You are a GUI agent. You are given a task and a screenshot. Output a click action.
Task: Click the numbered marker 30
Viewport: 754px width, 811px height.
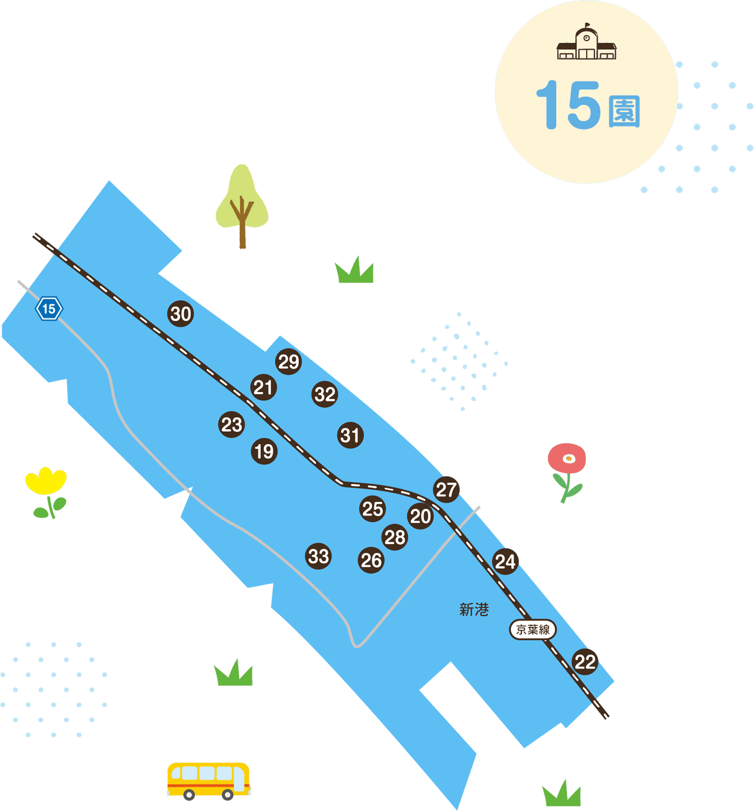(180, 314)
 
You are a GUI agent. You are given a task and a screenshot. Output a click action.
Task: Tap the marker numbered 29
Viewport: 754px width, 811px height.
(289, 361)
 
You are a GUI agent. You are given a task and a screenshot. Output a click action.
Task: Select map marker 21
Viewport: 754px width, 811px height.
(264, 387)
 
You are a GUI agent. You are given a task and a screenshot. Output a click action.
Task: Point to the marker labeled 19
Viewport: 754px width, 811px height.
(264, 451)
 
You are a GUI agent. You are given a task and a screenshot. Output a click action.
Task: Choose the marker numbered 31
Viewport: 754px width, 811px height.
(350, 435)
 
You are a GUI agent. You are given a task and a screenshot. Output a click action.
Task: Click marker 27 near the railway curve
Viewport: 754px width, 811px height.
(446, 490)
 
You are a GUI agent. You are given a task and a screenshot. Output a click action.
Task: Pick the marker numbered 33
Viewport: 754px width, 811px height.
(318, 556)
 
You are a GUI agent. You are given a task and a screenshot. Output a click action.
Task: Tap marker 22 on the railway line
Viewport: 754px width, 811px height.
(585, 662)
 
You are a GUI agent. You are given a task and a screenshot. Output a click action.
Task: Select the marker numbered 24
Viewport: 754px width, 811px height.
(505, 561)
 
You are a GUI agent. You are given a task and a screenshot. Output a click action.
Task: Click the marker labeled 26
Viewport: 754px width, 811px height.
(371, 560)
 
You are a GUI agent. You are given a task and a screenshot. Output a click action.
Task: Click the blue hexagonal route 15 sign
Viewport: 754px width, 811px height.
(49, 308)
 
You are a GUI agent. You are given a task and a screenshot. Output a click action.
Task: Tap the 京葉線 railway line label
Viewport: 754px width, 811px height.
(533, 629)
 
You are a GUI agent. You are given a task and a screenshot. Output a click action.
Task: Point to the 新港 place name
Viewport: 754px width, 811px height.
(474, 610)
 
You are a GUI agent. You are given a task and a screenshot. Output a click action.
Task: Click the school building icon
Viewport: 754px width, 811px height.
(586, 41)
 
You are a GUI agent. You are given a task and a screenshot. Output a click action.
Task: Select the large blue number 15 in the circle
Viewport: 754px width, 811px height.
(568, 104)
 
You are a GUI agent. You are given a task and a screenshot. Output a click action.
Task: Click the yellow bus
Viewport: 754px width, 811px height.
(209, 781)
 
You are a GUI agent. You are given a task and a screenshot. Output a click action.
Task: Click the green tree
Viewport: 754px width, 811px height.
(242, 206)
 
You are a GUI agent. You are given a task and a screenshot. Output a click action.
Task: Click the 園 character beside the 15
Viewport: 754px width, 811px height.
(624, 112)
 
